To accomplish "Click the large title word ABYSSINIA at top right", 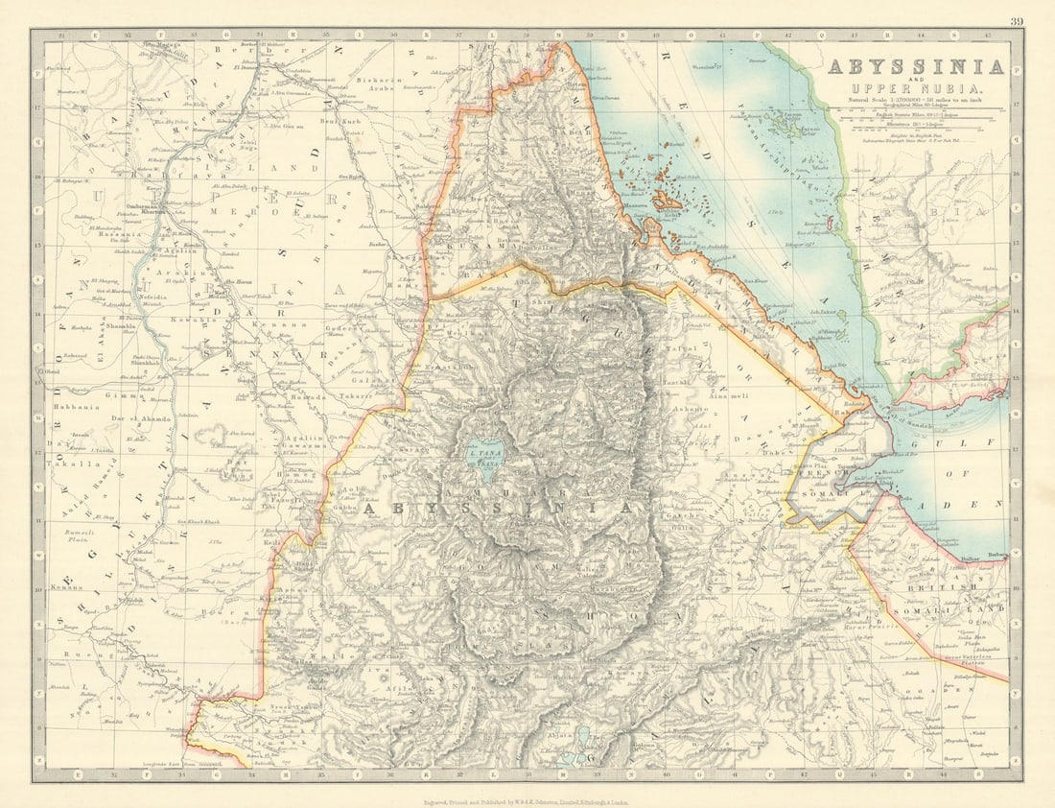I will pyautogui.click(x=915, y=67).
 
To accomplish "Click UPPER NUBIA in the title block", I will pyautogui.click(x=915, y=88).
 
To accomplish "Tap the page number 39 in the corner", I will pyautogui.click(x=1016, y=22).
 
